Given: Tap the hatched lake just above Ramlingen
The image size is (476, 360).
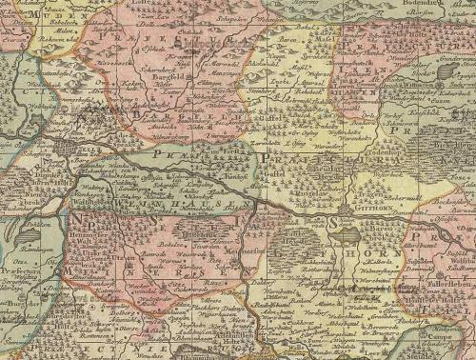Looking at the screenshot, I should tap(29, 231).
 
